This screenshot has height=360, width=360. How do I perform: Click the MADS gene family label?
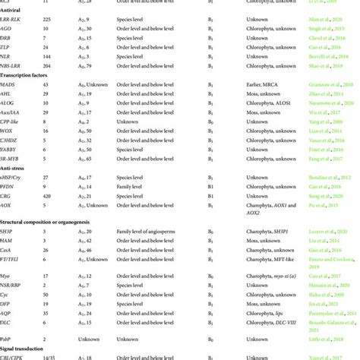point(10,97)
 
